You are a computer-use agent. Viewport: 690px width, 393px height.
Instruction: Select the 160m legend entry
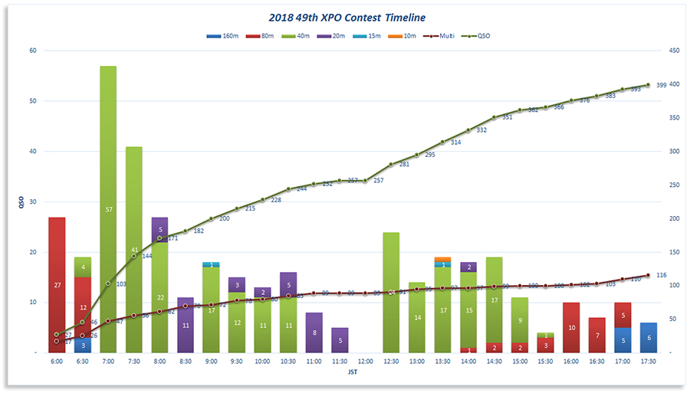pyautogui.click(x=222, y=35)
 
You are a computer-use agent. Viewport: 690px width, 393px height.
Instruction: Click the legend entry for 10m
pyautogui.click(x=408, y=35)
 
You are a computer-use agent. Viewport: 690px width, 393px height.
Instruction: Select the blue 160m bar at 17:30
pyautogui.click(x=648, y=338)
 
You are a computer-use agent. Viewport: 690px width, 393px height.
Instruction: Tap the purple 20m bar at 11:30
pyautogui.click(x=340, y=340)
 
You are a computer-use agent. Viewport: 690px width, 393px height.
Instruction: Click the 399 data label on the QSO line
pyautogui.click(x=662, y=85)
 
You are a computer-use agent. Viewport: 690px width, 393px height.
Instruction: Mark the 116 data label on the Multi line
pyautogui.click(x=661, y=274)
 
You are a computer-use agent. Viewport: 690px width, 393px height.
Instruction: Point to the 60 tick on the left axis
pyautogui.click(x=32, y=51)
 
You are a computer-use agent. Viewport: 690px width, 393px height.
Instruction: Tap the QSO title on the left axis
pyautogui.click(x=21, y=202)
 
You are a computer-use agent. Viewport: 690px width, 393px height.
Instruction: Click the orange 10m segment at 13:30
pyautogui.click(x=442, y=259)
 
